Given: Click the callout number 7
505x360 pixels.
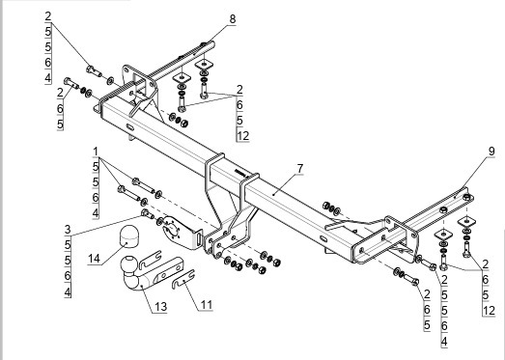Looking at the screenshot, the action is click(300, 168).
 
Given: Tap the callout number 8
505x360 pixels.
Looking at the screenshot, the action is click(233, 19).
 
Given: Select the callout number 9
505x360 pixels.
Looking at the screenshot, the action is click(491, 152).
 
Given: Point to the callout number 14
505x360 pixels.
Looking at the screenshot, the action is click(95, 259).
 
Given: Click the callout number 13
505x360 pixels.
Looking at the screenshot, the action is click(160, 307).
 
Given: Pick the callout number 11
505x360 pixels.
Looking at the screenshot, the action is click(207, 305).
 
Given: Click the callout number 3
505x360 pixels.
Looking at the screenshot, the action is click(68, 230).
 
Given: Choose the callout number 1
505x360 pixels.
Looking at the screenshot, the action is click(96, 152).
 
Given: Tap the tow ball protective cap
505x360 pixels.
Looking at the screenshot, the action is click(128, 236).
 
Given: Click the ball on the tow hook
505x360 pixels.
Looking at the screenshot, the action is click(129, 263).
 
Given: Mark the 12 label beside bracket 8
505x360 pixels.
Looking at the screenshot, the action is click(243, 136).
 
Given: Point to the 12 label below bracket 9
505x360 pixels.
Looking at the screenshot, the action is click(489, 311).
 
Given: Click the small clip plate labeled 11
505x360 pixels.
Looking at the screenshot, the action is click(183, 279).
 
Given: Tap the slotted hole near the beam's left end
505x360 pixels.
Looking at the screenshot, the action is click(130, 127).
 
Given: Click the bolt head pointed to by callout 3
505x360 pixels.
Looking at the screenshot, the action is click(145, 213).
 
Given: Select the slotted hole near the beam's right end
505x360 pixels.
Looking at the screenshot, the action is click(323, 238).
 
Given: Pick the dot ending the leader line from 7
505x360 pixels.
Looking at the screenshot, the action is click(273, 195).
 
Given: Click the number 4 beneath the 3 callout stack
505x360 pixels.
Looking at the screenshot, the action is click(68, 292).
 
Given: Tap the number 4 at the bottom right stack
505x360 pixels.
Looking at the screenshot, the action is click(444, 342).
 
